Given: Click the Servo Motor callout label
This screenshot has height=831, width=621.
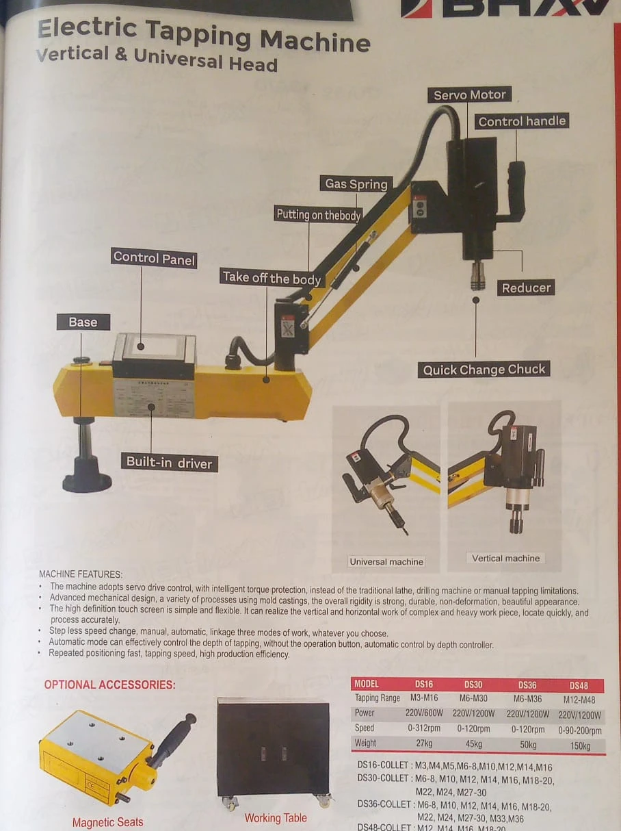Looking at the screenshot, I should click(470, 95).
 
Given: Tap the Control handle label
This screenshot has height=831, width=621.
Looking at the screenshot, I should click(522, 122).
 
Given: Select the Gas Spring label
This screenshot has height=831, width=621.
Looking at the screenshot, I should click(356, 183).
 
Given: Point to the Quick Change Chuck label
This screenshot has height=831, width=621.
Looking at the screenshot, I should click(484, 370).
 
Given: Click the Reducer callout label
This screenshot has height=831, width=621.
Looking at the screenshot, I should click(526, 287).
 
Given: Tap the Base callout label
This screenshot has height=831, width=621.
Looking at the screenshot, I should click(83, 322).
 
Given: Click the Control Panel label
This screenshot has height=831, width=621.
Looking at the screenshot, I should click(154, 258).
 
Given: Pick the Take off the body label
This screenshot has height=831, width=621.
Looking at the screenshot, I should click(272, 278).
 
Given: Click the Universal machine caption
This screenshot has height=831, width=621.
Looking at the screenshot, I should click(386, 561).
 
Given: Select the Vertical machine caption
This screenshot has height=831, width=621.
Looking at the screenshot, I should click(505, 558).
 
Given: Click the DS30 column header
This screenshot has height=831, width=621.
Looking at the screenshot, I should click(473, 684).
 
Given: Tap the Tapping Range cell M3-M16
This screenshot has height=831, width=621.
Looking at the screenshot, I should click(424, 698).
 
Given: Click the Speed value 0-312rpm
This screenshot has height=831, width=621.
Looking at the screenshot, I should click(424, 728).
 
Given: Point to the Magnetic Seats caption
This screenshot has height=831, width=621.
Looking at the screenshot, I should click(108, 821).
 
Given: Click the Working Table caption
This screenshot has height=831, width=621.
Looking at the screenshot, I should click(276, 817).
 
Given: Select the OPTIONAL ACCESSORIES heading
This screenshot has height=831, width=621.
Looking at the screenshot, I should click(109, 685).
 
